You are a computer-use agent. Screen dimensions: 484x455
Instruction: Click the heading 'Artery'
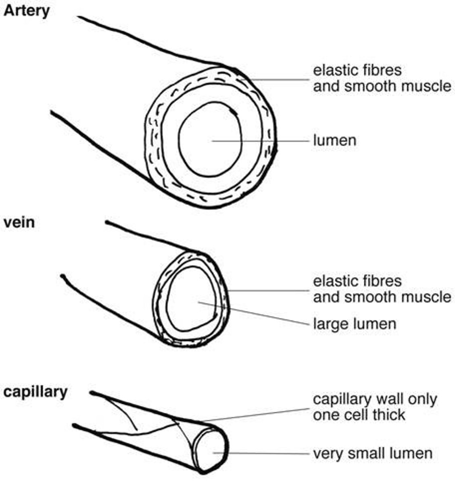coord(26,10)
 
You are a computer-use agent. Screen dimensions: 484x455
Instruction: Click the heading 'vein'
coord(19,222)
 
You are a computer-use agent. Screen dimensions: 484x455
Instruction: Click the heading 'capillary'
coord(35,392)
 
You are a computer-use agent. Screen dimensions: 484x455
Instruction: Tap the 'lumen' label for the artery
coord(334,141)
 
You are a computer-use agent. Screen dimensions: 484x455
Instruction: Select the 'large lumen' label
coord(355,324)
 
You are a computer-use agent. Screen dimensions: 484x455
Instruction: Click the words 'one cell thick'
coord(359,415)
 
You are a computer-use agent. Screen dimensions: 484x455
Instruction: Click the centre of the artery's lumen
coord(210,139)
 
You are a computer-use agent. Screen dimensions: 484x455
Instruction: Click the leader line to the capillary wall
coord(258,415)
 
